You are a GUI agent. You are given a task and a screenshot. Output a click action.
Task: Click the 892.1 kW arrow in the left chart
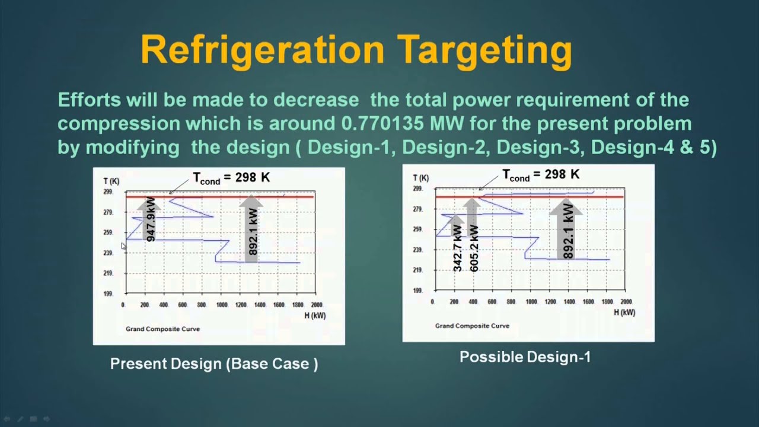[253, 228]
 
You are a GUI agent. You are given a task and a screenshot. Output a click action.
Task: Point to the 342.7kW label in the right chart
[457, 249]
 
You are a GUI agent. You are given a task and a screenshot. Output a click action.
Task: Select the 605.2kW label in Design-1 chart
[474, 249]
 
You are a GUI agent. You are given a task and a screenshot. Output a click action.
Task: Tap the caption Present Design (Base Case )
[214, 364]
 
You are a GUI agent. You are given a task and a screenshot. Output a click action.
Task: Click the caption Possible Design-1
[525, 357]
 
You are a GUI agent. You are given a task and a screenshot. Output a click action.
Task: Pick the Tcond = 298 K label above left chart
[231, 178]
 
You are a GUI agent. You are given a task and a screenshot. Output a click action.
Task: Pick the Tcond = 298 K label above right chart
[541, 175]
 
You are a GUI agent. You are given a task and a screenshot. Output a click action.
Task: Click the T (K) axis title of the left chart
[110, 181]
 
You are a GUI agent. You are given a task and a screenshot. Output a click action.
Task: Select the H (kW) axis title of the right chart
[624, 312]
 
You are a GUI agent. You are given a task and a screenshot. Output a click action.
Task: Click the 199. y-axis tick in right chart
[417, 291]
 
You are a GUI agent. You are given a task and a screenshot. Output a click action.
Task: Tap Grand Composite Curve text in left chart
[162, 329]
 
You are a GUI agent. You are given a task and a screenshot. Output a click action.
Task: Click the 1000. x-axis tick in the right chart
[531, 302]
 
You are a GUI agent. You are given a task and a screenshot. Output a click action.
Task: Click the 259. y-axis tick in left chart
[108, 233]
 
